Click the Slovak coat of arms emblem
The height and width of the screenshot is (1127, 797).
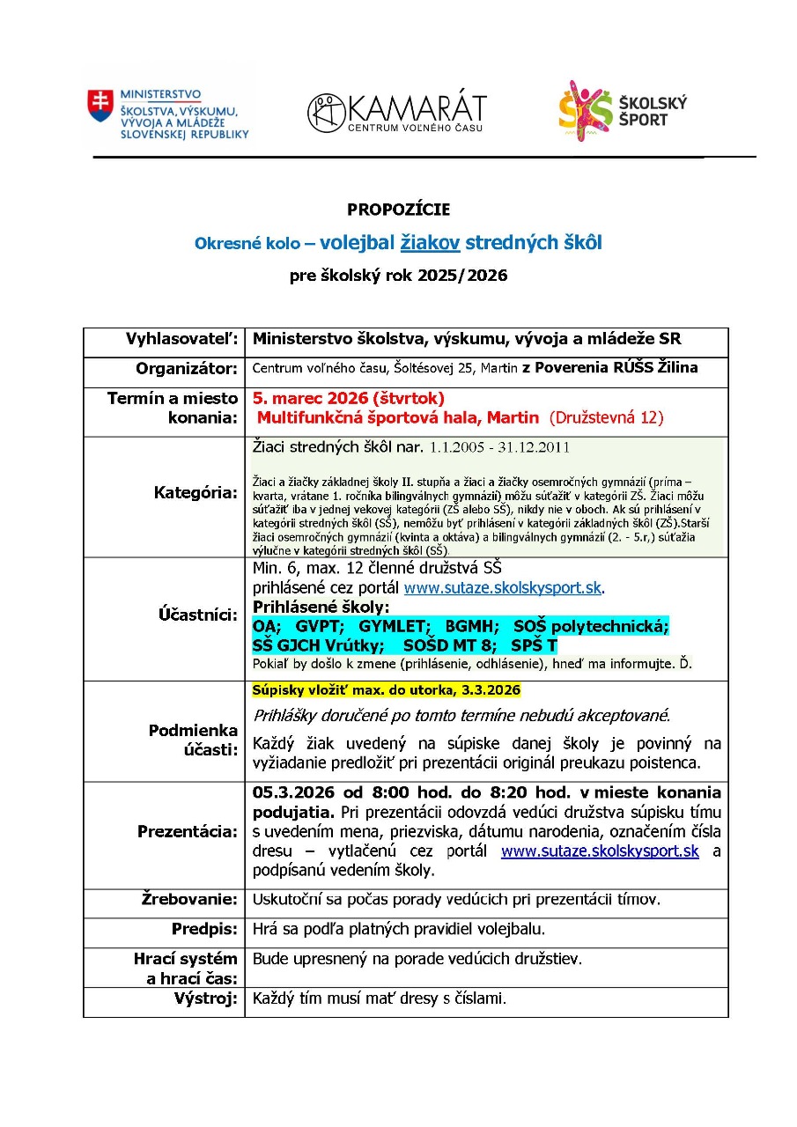(100, 106)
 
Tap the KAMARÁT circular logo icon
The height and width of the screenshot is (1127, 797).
(326, 114)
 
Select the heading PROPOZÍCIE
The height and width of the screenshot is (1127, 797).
(398, 210)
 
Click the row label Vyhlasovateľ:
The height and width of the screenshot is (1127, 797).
(182, 339)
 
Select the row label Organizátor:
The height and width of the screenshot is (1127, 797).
(187, 368)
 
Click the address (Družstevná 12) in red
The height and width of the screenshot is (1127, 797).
(606, 418)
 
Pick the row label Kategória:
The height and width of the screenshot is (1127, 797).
(196, 493)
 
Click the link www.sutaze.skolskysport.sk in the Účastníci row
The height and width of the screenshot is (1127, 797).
(505, 586)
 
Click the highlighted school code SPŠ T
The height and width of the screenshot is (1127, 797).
(534, 645)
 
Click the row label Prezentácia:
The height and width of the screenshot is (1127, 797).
(188, 832)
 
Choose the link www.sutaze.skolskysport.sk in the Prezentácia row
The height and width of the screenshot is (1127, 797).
(600, 851)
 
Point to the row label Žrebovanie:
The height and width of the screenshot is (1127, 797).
(189, 899)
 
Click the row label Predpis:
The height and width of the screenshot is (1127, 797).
(204, 929)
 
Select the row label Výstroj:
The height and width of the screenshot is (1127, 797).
(204, 998)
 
